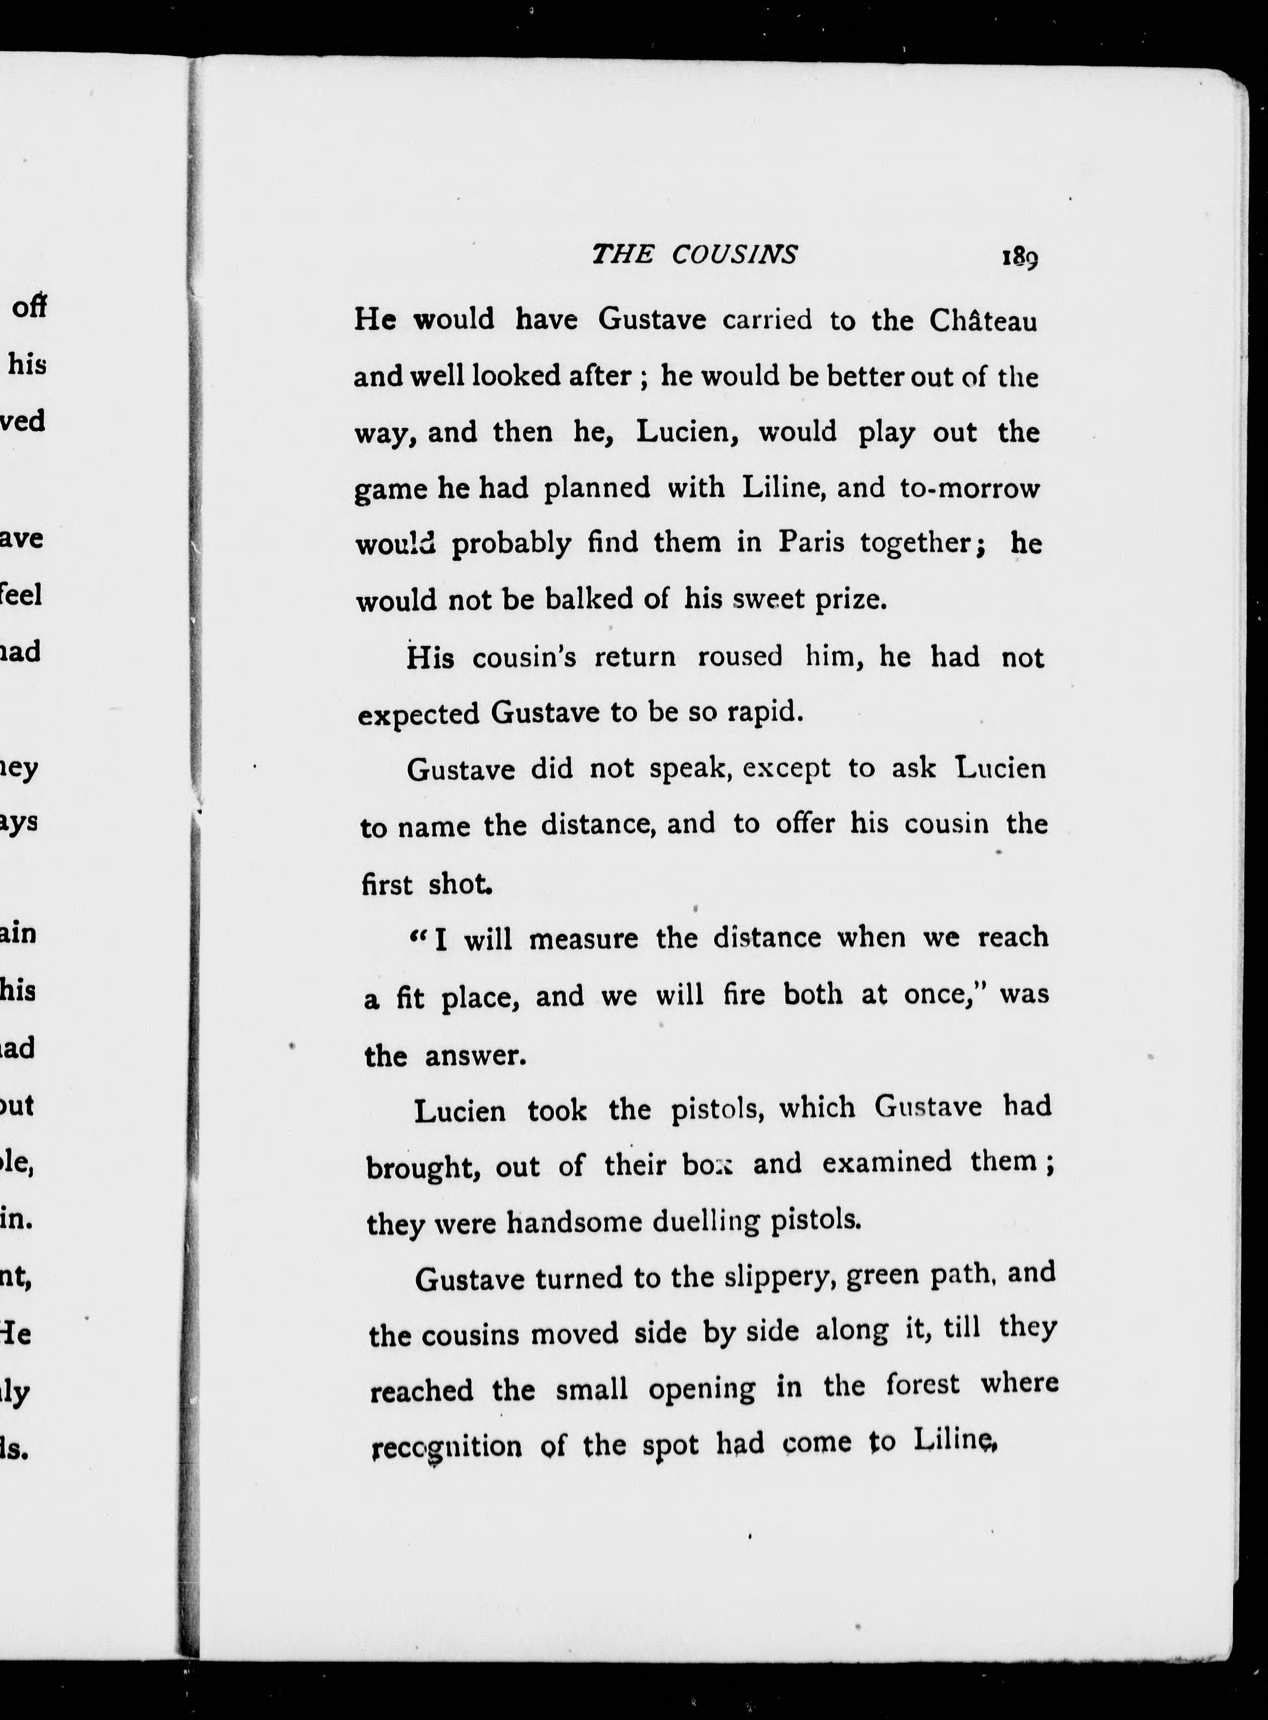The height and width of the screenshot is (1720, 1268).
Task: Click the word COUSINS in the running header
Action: pyautogui.click(x=735, y=254)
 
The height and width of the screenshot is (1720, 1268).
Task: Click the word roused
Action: pyautogui.click(x=740, y=656)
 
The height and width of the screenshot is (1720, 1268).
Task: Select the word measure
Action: pyautogui.click(x=583, y=938)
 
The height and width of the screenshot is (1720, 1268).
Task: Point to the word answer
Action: pyautogui.click(x=475, y=1056)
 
